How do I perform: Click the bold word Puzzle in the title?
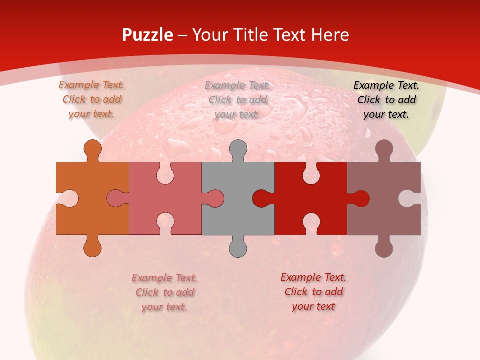point(148,35)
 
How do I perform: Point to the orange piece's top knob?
point(92,148)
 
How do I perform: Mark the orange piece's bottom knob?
point(92,248)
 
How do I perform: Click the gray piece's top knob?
point(238,148)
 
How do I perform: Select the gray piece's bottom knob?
point(238,248)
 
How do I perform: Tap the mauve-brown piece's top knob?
point(384,148)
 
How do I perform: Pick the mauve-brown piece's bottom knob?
point(384,248)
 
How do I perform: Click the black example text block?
point(386,99)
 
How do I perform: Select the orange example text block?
point(91,99)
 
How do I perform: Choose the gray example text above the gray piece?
point(237,100)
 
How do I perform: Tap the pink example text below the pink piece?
point(164,292)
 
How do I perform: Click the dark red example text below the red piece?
point(313,292)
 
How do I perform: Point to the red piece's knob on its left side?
point(261,198)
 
